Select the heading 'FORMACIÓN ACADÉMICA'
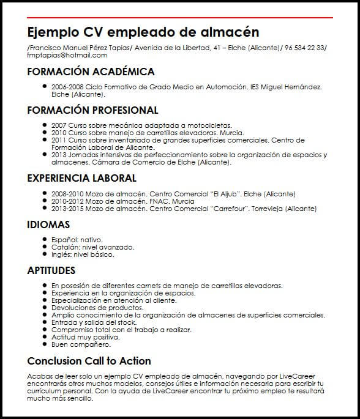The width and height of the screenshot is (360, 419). (91, 72)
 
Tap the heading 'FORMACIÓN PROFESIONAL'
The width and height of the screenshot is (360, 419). (92, 111)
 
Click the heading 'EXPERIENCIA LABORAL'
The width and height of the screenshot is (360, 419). (81, 179)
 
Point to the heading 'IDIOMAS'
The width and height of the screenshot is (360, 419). (48, 224)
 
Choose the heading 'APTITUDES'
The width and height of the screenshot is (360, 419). (51, 270)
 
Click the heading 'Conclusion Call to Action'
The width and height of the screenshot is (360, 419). (89, 361)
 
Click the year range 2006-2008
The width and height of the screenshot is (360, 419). (69, 87)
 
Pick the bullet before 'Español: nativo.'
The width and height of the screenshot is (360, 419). (45, 240)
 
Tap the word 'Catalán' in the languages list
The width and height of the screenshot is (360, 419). (63, 247)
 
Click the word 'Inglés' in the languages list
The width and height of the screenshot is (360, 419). (61, 254)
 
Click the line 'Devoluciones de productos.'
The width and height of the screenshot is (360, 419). (89, 308)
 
